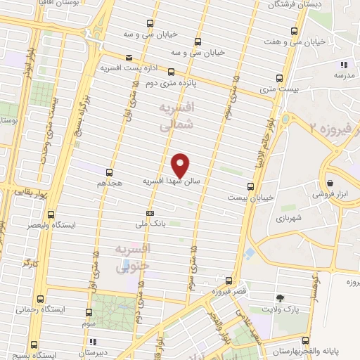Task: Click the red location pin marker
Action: pyautogui.click(x=181, y=165)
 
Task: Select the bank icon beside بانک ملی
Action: pyautogui.click(x=149, y=212)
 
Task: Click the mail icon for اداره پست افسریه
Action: pyautogui.click(x=128, y=58)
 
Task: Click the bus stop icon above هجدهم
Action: pyautogui.click(x=109, y=172)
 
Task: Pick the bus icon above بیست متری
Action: pyautogui.click(x=279, y=78)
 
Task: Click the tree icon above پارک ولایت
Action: pyautogui.click(x=281, y=298)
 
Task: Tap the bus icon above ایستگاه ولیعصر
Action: pyautogui.click(x=51, y=214)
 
